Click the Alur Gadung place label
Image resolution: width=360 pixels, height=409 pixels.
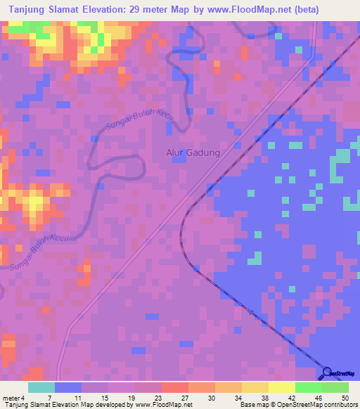[x=193, y=152]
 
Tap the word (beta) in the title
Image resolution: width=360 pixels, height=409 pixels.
[x=304, y=10]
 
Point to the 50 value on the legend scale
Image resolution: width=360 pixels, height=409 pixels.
[x=345, y=397]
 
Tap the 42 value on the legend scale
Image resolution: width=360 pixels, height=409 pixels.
[x=292, y=397]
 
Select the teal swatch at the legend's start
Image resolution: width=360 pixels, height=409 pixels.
[x=41, y=387]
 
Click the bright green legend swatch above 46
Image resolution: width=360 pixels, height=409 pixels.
[x=308, y=387]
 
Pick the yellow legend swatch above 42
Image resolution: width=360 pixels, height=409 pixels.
[x=282, y=387]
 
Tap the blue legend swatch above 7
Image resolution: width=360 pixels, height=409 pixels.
[x=67, y=387]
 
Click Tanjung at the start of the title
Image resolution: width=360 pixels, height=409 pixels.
[x=22, y=10]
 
